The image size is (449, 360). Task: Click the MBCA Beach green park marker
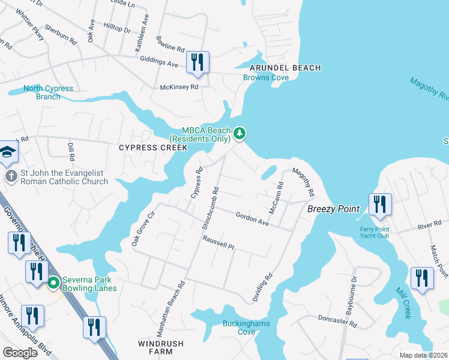coord(240,133)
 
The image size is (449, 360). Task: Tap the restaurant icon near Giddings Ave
coord(197,62)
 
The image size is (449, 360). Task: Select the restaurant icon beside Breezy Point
coord(379,205)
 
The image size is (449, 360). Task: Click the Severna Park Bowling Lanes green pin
coord(53,282)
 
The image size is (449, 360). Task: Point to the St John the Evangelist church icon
coord(10,176)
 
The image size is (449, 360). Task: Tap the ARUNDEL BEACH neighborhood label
coord(277,68)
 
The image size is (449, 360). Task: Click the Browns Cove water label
coord(266,77)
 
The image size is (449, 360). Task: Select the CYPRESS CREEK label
coord(149,148)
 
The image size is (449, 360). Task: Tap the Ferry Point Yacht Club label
coord(375,232)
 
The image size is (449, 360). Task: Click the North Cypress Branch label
coord(48,92)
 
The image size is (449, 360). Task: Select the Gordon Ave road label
coord(252,217)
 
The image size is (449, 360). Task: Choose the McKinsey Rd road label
coord(179,87)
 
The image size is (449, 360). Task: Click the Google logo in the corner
coord(20,353)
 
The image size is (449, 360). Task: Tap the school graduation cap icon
coord(7,152)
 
